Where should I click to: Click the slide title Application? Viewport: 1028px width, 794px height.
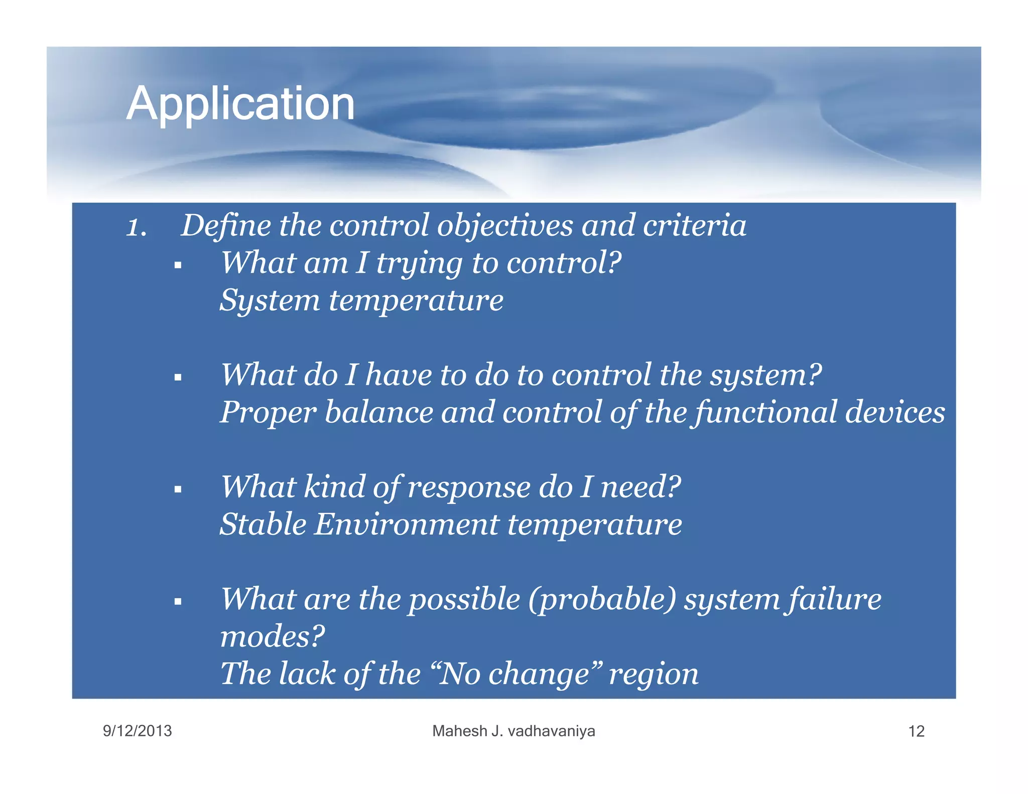[x=240, y=104]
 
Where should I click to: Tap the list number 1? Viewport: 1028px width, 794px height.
[x=136, y=227]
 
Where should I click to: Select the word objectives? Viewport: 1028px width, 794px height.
[x=504, y=226]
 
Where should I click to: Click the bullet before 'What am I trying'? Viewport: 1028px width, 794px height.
[x=178, y=266]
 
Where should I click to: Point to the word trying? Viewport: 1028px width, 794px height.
[x=419, y=264]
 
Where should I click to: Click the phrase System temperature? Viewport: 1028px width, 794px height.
[x=361, y=301]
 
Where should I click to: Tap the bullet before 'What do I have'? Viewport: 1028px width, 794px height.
[x=178, y=377]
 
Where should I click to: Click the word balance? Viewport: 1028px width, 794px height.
[x=378, y=413]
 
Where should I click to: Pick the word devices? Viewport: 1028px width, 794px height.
[x=894, y=413]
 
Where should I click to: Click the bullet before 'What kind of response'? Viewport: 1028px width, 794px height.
[x=178, y=489]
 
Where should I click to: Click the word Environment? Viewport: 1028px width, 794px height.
[x=407, y=525]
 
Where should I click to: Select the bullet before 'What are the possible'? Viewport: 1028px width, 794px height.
[x=178, y=601]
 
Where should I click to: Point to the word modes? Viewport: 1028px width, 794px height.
[x=273, y=637]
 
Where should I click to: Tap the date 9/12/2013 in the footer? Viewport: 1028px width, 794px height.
[x=137, y=731]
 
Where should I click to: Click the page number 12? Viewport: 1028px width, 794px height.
[x=916, y=731]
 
